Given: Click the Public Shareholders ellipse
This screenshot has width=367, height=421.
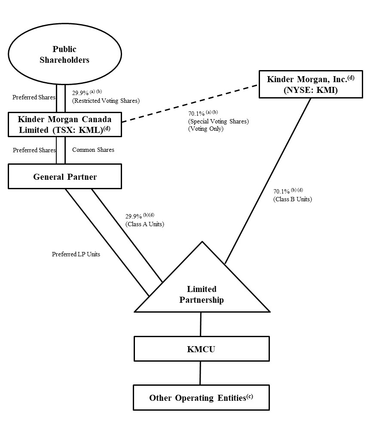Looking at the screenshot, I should coord(64,55).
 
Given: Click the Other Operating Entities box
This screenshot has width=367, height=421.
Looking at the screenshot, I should coord(201,397).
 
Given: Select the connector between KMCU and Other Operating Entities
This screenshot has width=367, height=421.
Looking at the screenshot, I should coord(200,373).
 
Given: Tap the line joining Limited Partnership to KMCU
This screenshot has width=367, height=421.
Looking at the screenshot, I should coord(201,324).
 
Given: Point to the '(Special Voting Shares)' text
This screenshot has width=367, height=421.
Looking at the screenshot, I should coord(218,121).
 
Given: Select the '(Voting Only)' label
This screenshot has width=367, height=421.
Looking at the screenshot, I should coord(206,128).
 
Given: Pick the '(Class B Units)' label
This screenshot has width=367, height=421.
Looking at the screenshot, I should coord(293,199).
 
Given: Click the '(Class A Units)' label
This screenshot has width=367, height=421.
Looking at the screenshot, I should coord(145,224).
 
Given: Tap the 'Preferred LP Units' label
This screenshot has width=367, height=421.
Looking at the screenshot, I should coord(76,254).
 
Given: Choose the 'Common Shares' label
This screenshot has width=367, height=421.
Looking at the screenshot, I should coord(93,150).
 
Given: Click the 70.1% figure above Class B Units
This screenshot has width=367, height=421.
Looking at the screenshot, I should coord(282,192).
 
